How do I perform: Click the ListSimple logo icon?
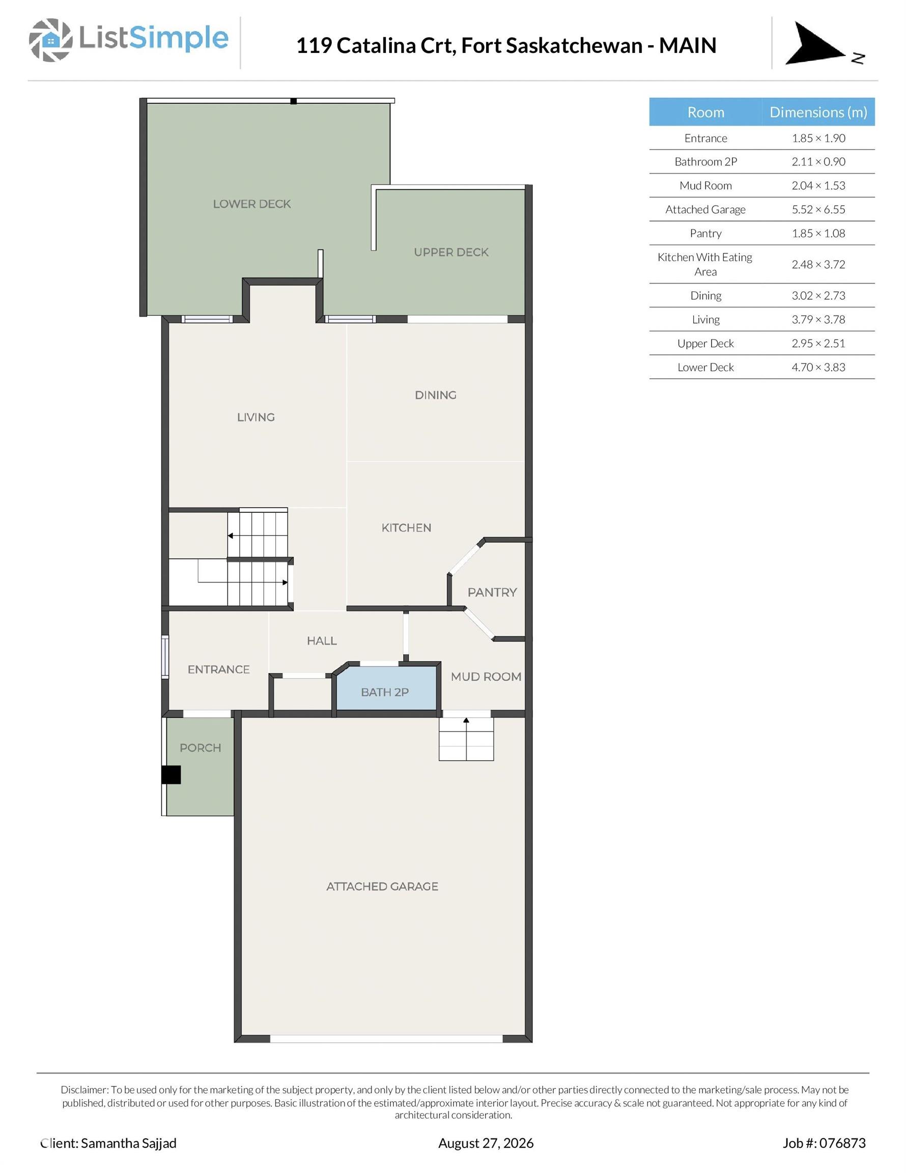[x=50, y=40]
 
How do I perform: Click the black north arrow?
[x=814, y=44]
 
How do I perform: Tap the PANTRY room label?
[x=492, y=592]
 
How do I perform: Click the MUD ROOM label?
[x=486, y=677]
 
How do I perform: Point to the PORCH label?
[x=201, y=747]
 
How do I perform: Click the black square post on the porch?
[x=172, y=774]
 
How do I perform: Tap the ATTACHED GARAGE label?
[x=382, y=886]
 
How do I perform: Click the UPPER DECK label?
[x=451, y=252]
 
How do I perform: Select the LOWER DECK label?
[x=252, y=204]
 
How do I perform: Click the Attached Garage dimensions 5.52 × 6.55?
[x=818, y=209]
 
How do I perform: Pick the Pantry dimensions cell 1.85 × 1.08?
[x=818, y=233]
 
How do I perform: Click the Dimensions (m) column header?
[x=818, y=111]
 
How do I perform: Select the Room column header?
[x=705, y=112]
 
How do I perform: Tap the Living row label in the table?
[x=705, y=320]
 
